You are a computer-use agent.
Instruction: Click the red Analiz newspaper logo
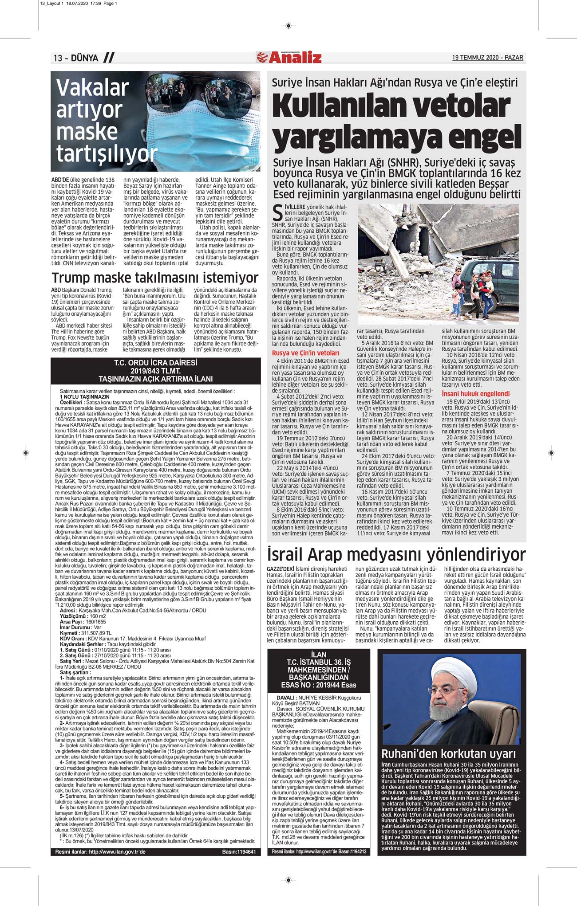tap(289, 57)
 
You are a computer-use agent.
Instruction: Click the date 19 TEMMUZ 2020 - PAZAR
tap(487, 58)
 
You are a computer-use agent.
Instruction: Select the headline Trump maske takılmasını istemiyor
tap(155, 278)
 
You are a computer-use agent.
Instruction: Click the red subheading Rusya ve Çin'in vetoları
tap(305, 353)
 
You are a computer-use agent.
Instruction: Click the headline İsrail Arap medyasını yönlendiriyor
tap(396, 554)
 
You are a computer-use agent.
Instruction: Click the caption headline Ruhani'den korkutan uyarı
tap(449, 753)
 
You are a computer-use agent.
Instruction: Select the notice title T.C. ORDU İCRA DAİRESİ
tap(155, 363)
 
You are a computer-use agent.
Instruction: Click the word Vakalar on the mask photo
tap(92, 88)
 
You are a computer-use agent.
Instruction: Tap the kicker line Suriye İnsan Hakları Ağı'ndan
tap(395, 82)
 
